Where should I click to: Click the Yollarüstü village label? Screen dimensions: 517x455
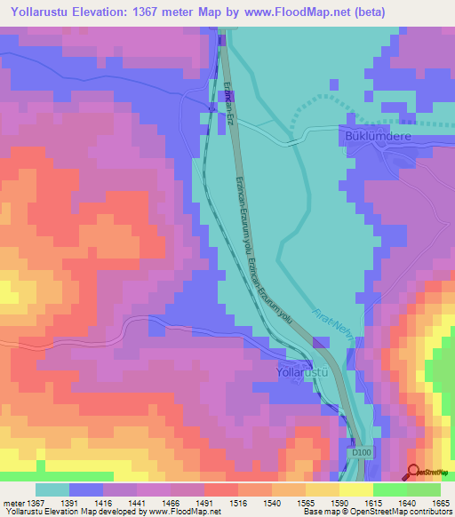(305, 371)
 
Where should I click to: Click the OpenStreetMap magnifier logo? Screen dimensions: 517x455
(415, 471)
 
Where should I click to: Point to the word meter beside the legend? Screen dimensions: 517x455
(13, 502)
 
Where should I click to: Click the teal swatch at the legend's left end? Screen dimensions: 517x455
(52, 489)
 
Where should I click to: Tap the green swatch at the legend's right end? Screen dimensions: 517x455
(423, 489)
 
